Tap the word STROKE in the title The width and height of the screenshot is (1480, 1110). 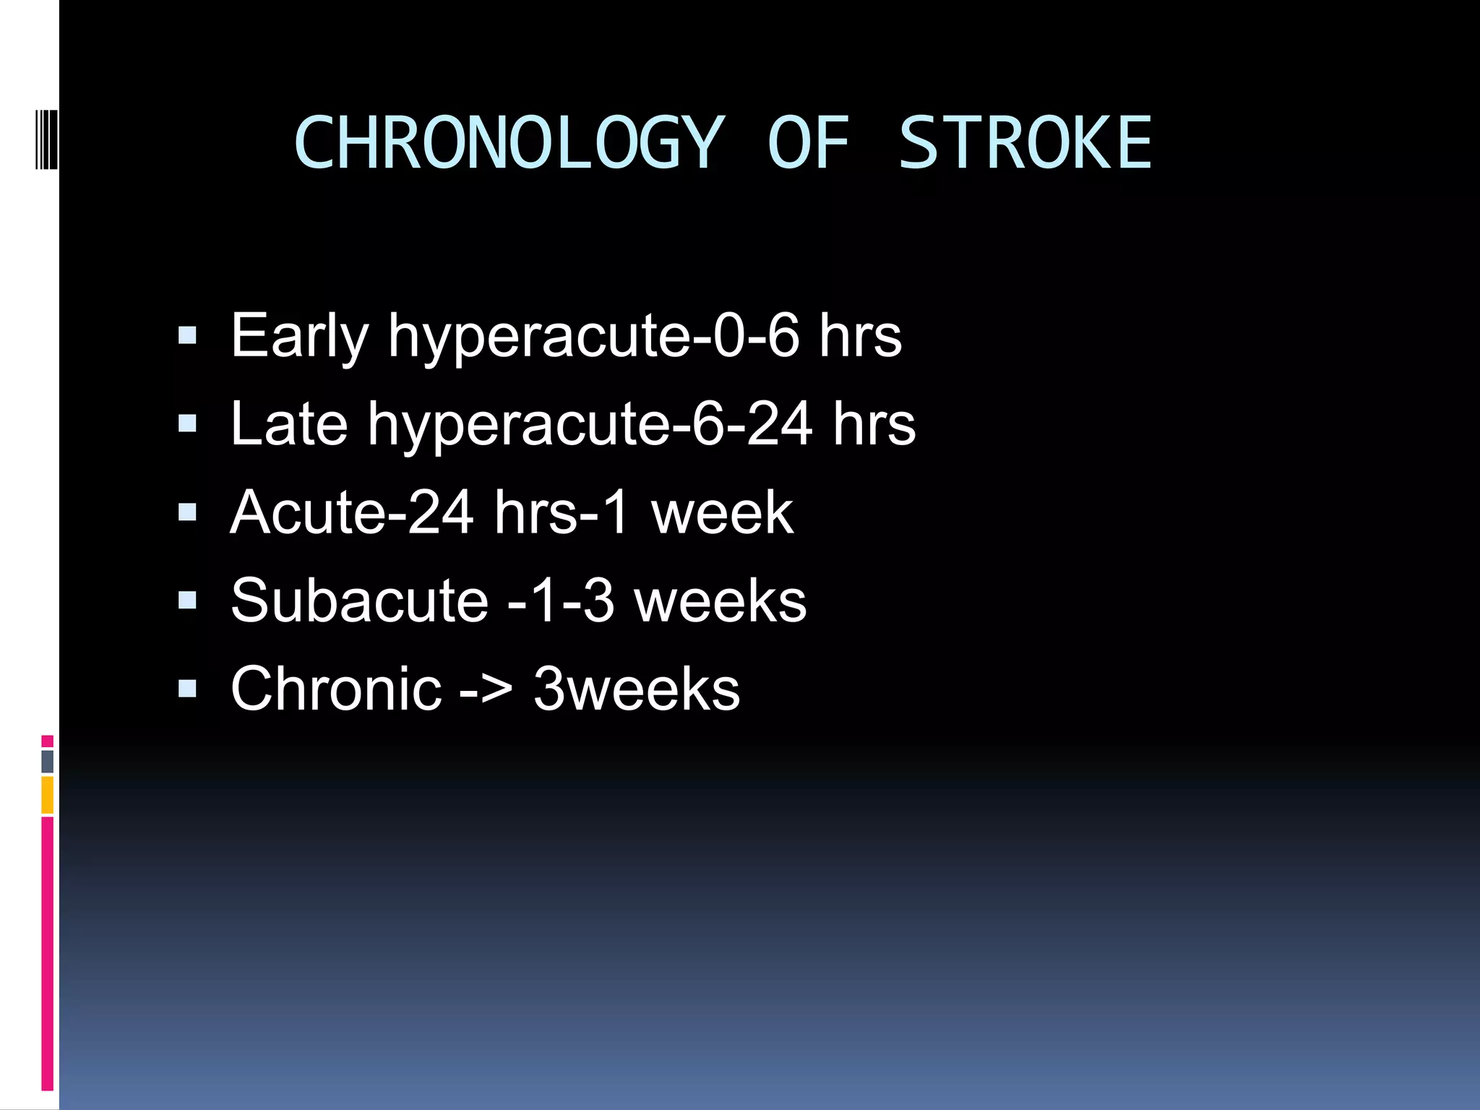(1025, 143)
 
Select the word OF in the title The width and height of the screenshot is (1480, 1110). (808, 143)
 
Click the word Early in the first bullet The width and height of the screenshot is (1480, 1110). (299, 336)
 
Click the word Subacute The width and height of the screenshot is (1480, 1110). (359, 601)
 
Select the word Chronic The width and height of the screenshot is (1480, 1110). (336, 689)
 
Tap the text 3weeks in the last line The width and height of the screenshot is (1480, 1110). (637, 689)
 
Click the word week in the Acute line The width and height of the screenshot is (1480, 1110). (722, 512)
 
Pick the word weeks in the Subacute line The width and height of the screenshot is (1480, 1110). (720, 601)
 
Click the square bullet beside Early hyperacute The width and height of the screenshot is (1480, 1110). (187, 335)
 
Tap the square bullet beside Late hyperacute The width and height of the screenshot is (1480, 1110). (187, 423)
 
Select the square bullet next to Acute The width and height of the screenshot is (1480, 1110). (187, 512)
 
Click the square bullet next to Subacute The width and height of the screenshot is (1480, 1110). (187, 601)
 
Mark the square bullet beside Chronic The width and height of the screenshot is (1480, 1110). (187, 689)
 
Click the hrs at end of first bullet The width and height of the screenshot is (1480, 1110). (860, 336)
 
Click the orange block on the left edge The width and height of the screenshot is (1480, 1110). (48, 794)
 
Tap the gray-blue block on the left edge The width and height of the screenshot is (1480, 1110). (48, 761)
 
